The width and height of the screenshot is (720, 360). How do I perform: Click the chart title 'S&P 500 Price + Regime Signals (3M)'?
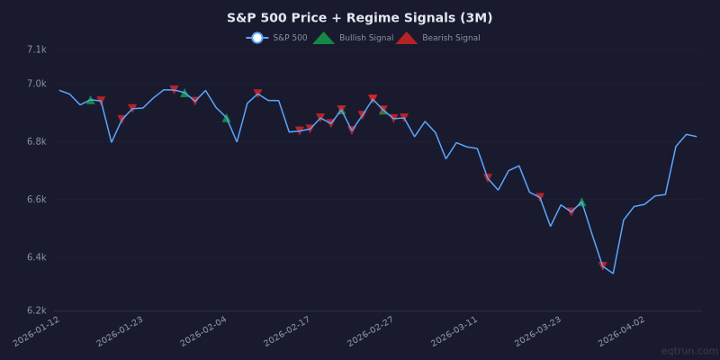359,18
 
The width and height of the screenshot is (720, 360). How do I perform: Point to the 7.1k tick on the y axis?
36,49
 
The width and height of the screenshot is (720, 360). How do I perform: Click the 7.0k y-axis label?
36,84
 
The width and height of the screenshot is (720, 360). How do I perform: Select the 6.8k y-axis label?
36,141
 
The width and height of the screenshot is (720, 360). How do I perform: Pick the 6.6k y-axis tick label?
36,199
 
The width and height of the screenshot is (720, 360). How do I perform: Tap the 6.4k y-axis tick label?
36,257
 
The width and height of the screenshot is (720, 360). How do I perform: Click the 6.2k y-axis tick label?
36,310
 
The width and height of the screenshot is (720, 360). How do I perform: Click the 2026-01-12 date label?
38,331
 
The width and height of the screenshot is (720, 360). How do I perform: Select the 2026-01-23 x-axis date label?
121,331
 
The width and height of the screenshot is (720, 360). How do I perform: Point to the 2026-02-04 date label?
204,331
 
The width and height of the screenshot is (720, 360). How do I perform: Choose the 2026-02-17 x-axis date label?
288,331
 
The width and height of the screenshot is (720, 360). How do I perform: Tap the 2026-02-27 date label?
372,331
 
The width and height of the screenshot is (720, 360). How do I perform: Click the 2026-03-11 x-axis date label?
455,331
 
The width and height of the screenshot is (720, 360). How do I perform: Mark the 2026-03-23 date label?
539,331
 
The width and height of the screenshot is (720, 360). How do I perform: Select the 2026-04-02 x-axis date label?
623,331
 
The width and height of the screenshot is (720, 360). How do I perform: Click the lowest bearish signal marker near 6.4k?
603,265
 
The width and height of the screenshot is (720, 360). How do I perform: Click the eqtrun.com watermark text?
689,351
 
